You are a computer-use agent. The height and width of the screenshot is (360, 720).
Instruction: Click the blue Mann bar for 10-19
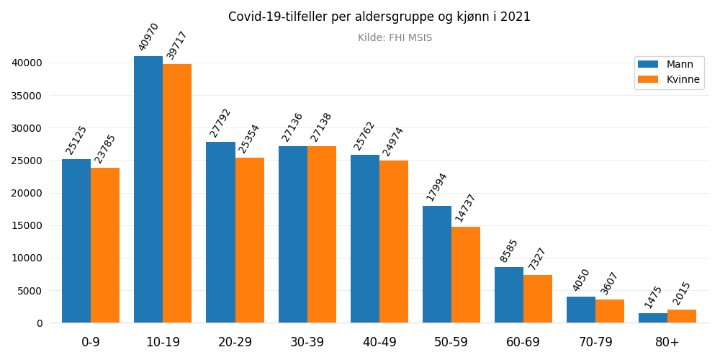tap(148, 189)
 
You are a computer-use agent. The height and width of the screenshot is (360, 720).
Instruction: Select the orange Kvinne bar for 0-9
tap(105, 246)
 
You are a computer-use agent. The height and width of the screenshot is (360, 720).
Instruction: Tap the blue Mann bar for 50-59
tap(437, 264)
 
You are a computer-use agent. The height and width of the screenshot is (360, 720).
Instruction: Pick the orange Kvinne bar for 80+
tap(682, 316)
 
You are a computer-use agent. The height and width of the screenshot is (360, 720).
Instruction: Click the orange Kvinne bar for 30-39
tap(322, 235)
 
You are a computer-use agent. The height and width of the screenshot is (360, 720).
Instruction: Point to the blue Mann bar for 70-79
tap(581, 310)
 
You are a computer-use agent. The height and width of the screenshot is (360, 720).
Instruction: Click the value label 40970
tap(148, 37)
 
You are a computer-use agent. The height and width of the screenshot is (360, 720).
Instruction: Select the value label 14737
tap(466, 207)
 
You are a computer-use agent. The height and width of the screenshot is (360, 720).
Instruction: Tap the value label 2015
tap(682, 293)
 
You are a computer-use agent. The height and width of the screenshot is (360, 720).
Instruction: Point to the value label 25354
tap(249, 138)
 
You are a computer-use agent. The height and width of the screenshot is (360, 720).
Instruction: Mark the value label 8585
tap(509, 251)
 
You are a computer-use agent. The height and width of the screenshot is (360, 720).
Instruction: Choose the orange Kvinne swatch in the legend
tap(648, 79)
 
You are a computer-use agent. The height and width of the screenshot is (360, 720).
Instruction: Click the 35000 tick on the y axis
tap(27, 96)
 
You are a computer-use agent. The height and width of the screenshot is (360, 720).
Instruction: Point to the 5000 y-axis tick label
tap(30, 291)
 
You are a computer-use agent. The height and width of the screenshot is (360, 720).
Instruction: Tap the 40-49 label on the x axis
tap(379, 342)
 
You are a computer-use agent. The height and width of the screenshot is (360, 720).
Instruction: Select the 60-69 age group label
tap(523, 342)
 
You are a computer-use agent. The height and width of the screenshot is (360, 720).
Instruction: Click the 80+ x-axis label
tap(667, 342)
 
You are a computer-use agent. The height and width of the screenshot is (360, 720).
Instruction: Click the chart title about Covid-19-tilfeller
tap(379, 17)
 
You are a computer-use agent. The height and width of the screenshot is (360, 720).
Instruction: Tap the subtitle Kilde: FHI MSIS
tap(395, 38)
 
